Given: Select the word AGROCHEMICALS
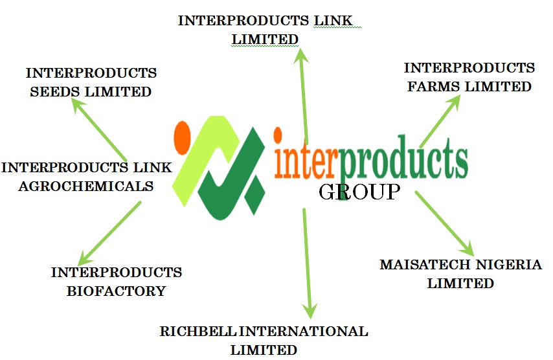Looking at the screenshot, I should [x=77, y=186].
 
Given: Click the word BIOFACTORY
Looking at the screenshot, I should [x=117, y=291].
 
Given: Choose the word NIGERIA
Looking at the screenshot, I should [x=510, y=265].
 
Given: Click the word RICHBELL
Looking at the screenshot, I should [x=199, y=332].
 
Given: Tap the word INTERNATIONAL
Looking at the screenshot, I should [x=304, y=332].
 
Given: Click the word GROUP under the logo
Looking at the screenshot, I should [x=359, y=192].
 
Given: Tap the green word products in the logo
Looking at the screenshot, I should [x=403, y=159].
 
